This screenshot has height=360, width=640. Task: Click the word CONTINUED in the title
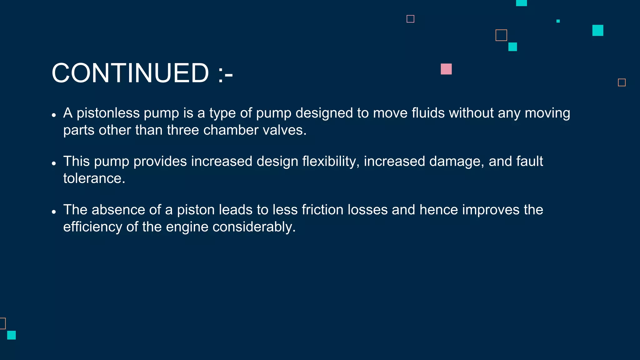point(130,73)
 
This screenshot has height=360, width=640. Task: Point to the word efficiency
point(92,227)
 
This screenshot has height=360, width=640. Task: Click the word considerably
point(254,227)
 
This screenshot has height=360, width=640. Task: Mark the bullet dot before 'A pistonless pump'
point(54,115)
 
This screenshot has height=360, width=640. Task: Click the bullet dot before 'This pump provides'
point(54,163)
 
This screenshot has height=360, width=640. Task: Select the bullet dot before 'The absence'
point(54,212)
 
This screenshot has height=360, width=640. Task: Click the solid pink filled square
point(446,69)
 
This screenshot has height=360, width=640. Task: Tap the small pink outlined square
point(410,19)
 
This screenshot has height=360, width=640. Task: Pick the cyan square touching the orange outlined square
point(512,47)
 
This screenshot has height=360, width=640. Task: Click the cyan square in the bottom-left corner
point(12,335)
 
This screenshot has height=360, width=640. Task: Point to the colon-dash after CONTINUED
point(225,74)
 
